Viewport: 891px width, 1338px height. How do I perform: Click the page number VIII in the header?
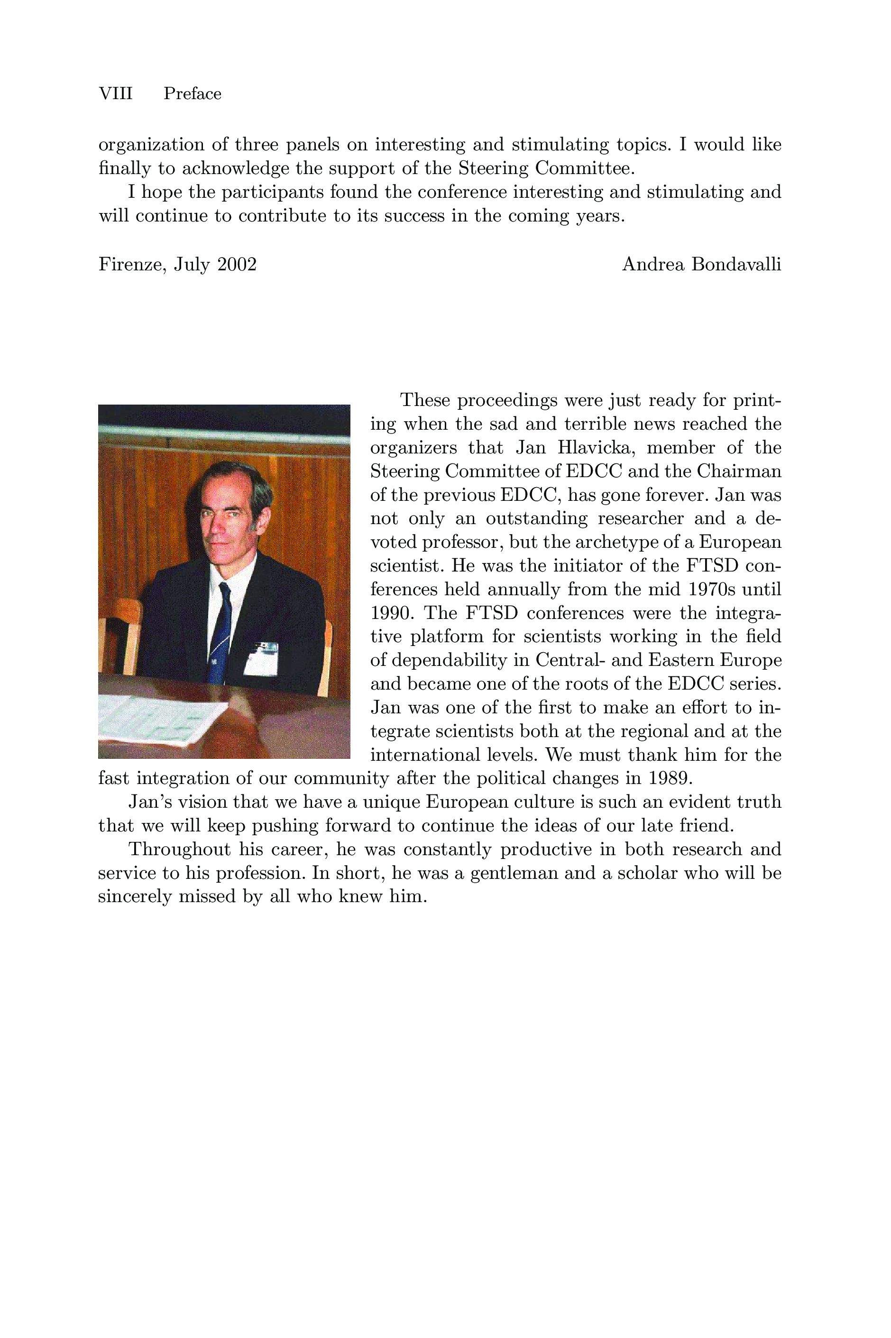point(115,93)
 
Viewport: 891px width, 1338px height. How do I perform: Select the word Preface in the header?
point(192,93)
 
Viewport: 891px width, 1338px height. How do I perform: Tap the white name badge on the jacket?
point(261,659)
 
